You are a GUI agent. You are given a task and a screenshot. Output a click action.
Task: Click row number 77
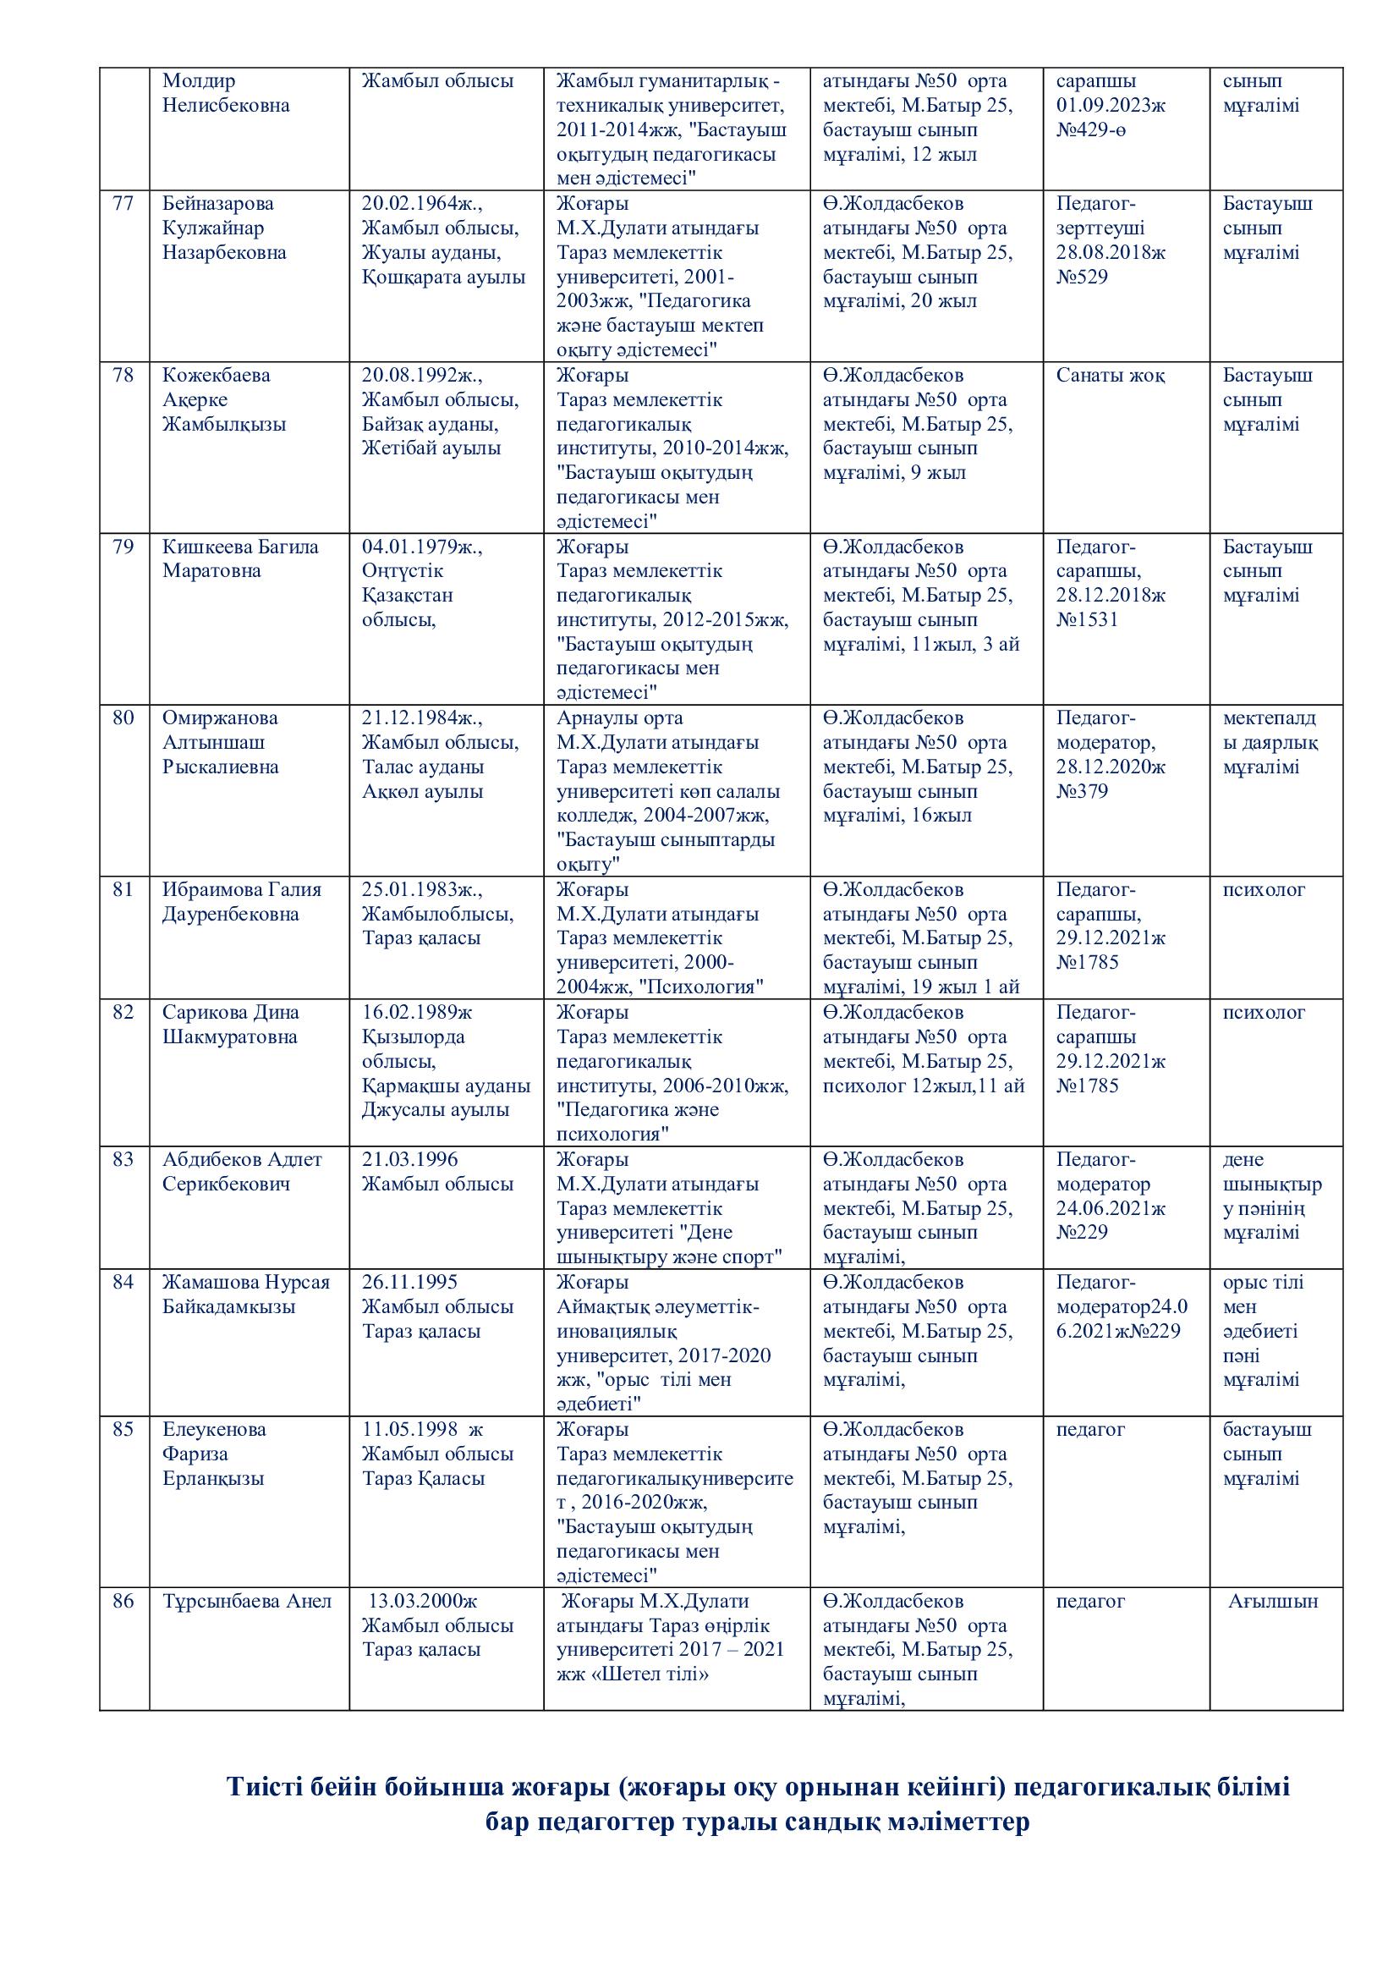123,203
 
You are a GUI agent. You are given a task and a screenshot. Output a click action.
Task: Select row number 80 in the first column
123,718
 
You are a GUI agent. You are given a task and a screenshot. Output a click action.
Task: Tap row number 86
123,1602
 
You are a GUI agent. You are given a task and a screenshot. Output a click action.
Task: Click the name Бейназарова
218,203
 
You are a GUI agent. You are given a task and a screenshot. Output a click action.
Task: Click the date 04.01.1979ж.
422,547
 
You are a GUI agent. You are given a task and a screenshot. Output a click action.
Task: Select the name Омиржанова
220,718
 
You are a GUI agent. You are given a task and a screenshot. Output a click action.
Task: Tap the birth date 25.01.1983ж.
422,889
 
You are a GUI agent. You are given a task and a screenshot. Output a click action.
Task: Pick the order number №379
1082,791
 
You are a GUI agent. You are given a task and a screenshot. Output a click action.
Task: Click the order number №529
1082,277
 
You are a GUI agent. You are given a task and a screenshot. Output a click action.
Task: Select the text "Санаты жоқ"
1111,376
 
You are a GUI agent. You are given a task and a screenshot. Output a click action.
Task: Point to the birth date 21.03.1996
410,1159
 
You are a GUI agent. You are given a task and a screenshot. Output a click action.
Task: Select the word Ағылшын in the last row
1273,1602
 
